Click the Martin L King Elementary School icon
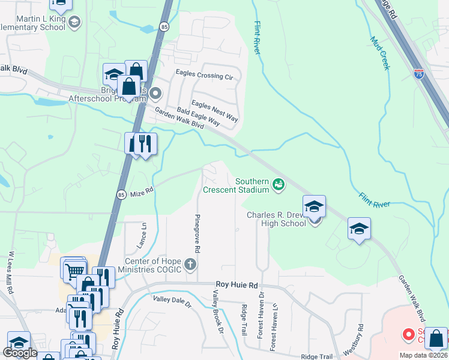(74, 23)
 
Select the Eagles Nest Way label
(214, 112)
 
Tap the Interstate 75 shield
(419, 74)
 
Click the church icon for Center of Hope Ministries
(190, 264)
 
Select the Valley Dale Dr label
(172, 302)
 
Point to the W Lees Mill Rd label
(10, 272)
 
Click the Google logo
(20, 353)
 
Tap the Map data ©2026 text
(423, 355)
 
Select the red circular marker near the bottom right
(409, 334)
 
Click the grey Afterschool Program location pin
(155, 93)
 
